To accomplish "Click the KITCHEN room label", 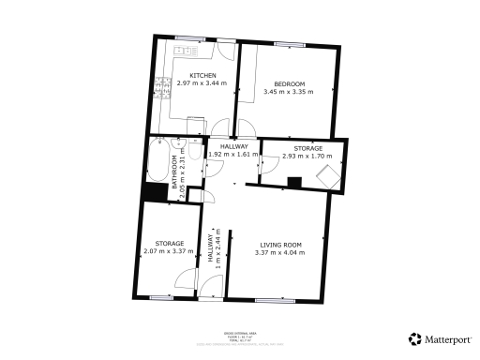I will click(203, 76).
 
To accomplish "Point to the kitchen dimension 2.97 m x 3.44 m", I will click(203, 83).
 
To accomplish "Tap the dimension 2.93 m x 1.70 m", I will click(302, 157).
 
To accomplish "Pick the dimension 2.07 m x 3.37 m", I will click(169, 251).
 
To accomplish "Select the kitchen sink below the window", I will click(187, 48).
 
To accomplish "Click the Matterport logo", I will click(441, 339).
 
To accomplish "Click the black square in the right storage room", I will click(294, 183).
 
